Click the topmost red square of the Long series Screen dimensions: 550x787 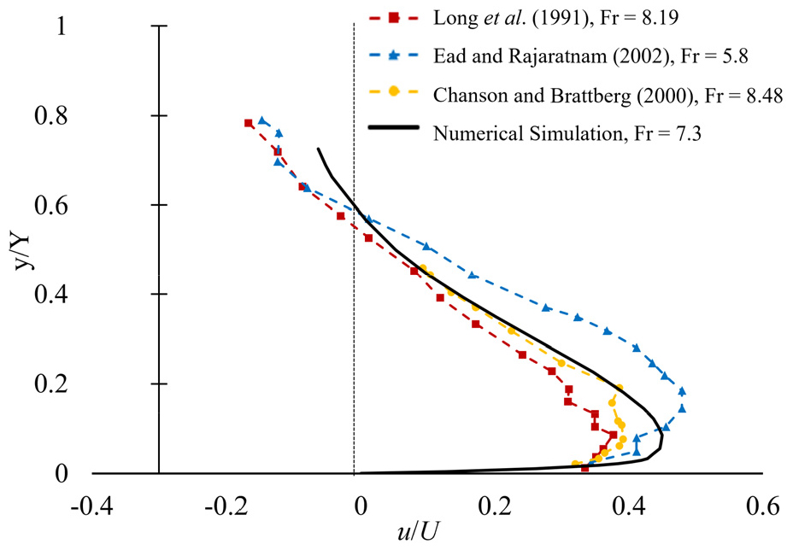249,123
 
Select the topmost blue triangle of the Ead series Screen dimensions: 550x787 263,120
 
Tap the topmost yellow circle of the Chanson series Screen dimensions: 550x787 423,268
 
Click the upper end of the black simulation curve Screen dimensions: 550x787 319,149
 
